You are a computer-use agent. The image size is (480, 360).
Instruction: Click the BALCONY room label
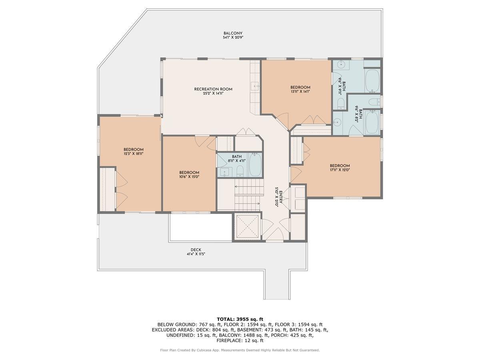click(x=233, y=33)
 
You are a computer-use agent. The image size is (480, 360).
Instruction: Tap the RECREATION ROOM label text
click(x=213, y=89)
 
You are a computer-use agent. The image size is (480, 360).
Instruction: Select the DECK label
click(x=196, y=250)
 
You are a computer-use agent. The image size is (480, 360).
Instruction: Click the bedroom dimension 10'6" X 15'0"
click(x=189, y=177)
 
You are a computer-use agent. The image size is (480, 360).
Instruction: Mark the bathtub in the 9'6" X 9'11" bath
click(x=373, y=81)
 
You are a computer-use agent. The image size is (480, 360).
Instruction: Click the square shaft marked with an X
click(x=246, y=227)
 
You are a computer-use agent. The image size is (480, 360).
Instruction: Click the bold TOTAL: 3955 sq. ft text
click(x=240, y=319)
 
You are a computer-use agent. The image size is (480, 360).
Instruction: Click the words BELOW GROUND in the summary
click(x=176, y=324)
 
